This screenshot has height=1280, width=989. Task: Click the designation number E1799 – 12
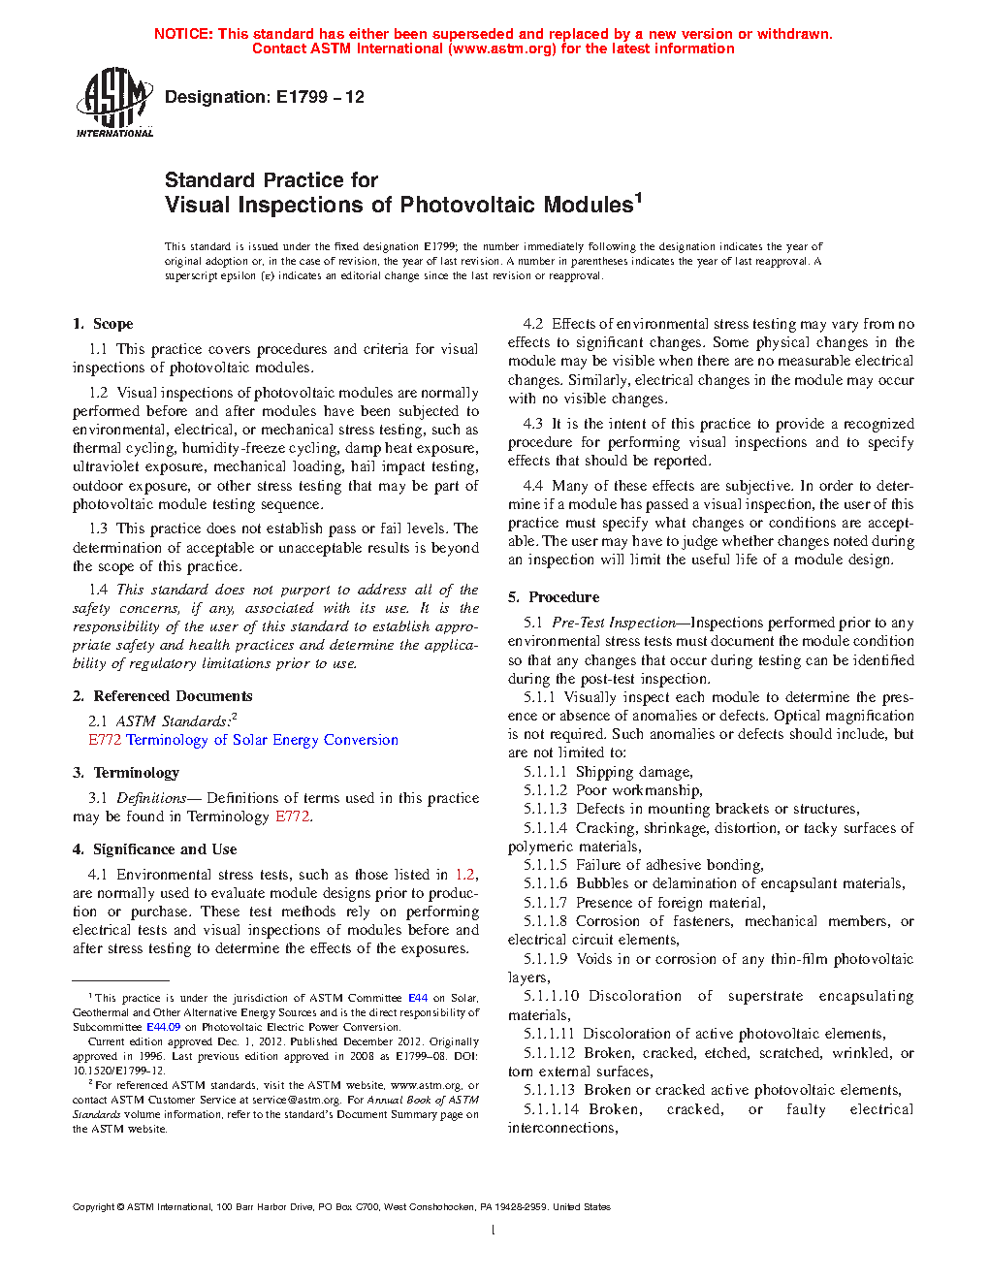tap(320, 97)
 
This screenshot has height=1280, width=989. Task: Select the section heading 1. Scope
tap(103, 324)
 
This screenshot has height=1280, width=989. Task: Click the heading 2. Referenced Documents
tap(163, 696)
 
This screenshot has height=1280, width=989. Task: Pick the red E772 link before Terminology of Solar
tap(105, 740)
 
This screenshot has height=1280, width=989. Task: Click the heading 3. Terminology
tap(126, 773)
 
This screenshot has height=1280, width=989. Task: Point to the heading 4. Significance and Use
tap(154, 849)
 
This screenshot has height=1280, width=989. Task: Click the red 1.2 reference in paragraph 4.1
tap(464, 875)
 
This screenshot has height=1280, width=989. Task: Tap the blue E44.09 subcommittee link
tap(163, 1027)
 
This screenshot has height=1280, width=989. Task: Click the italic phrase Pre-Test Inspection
tap(614, 623)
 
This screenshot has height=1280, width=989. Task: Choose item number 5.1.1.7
tap(545, 903)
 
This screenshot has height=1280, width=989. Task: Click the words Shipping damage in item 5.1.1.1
tap(634, 772)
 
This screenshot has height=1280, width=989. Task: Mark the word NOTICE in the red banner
tap(183, 34)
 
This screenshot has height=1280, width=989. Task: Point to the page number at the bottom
tap(494, 1231)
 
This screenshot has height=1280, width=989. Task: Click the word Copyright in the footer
tap(94, 1207)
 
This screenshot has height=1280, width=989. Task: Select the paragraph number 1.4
tap(98, 590)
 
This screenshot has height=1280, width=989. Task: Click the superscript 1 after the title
tap(638, 198)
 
